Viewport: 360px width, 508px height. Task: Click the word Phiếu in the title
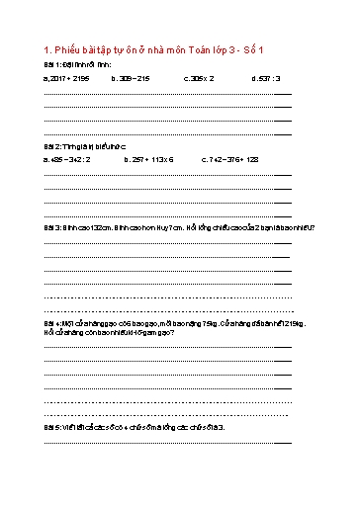tap(68, 50)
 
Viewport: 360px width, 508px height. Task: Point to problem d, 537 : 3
tap(266, 77)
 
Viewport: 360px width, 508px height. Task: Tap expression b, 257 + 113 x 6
tap(149, 157)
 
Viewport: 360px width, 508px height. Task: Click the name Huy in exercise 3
tap(170, 226)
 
